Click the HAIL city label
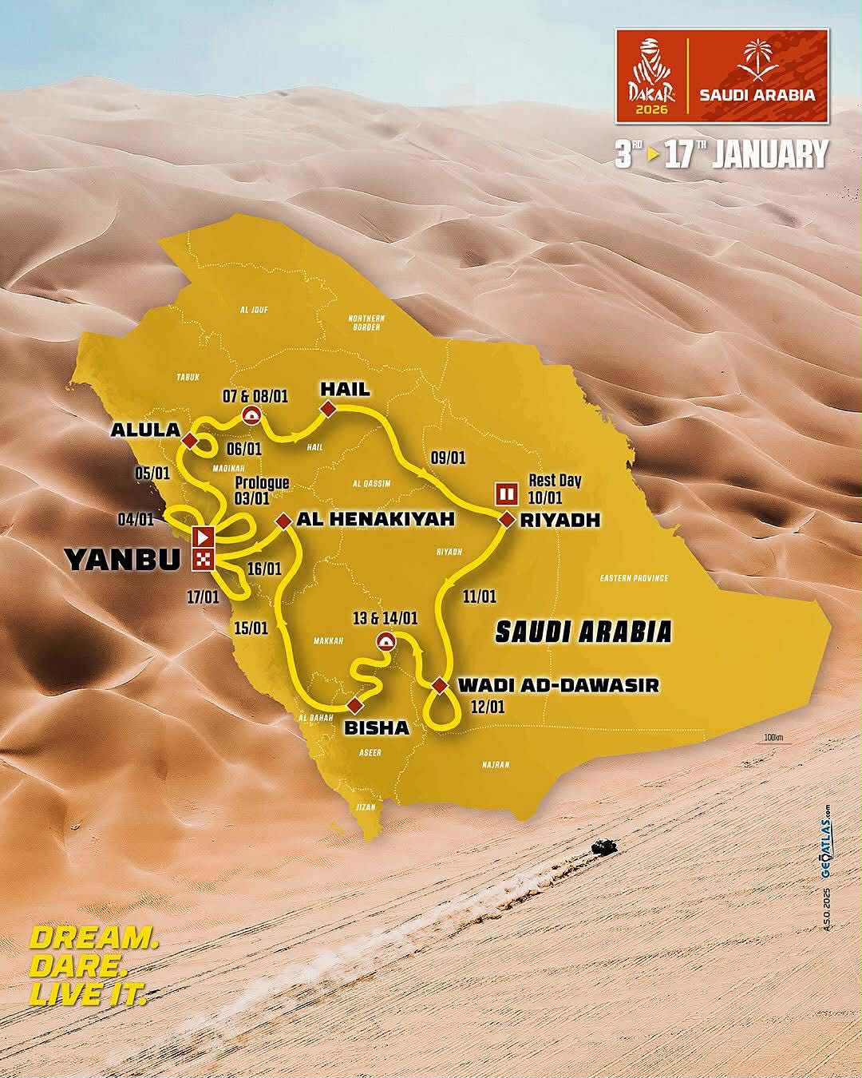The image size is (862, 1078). [x=345, y=390]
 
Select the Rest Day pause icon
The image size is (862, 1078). [x=505, y=493]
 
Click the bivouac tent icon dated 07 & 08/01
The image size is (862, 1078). [x=251, y=414]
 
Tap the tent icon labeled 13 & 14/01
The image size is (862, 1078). [x=386, y=641]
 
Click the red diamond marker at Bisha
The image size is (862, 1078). [x=354, y=704]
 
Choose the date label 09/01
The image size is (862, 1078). [x=448, y=458]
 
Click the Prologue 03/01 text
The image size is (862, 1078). [x=261, y=490]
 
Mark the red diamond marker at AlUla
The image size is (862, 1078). [x=190, y=441]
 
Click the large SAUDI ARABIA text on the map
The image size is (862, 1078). [x=583, y=632]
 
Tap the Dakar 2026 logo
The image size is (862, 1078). [x=653, y=78]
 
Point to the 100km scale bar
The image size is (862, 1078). [x=773, y=740]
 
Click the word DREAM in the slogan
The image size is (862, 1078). [x=93, y=938]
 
